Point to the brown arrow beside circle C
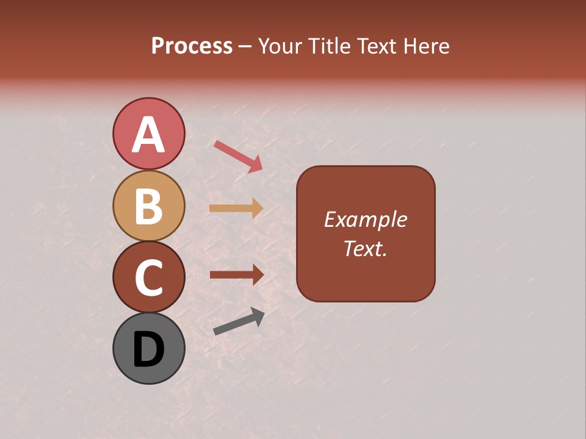(x=236, y=274)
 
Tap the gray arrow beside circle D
(x=239, y=321)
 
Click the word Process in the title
(x=192, y=46)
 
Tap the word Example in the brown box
(x=365, y=220)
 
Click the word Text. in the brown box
(x=365, y=248)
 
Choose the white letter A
(x=148, y=135)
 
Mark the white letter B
(x=148, y=206)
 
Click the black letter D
(x=148, y=349)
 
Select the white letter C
(x=148, y=277)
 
